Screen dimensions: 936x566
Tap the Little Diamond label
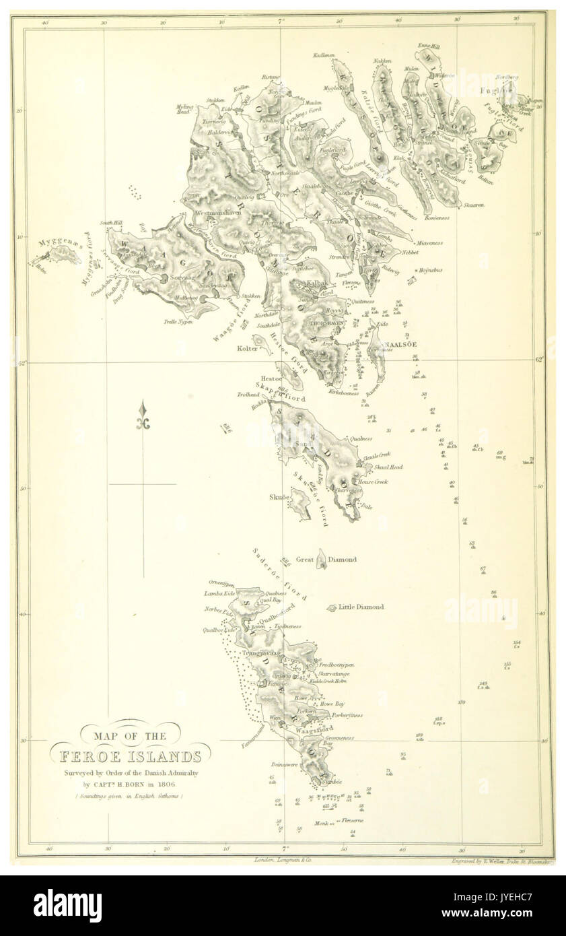point(361,607)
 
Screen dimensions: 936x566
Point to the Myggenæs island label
point(51,241)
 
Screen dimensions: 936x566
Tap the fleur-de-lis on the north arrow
point(143,420)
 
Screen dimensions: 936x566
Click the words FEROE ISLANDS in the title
point(129,756)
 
